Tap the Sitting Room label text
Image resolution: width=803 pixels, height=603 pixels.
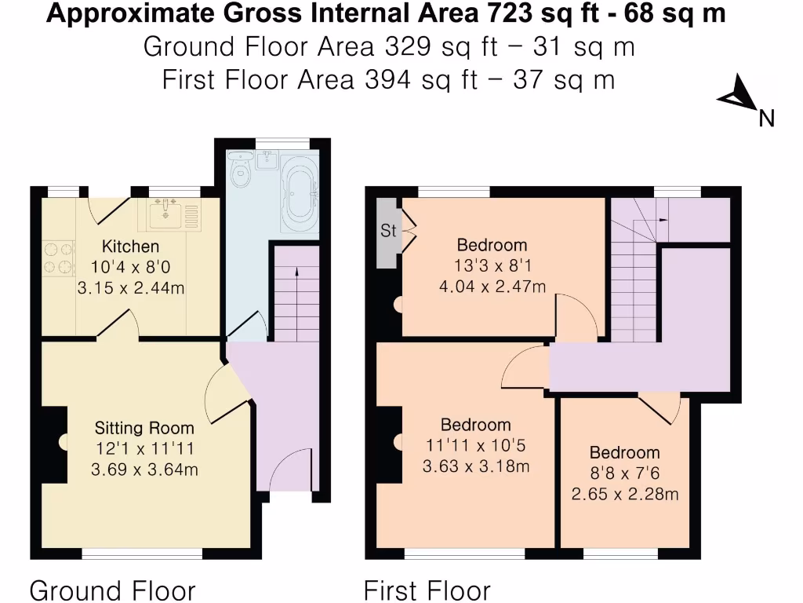pos(144,428)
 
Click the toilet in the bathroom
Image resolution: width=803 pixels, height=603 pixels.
pos(242,173)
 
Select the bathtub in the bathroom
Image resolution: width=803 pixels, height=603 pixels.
pos(299,194)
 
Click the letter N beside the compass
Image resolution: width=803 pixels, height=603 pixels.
pos(766,119)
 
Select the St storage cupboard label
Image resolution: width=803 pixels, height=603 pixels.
pos(388,232)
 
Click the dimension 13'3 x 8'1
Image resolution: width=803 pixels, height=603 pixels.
pos(492,265)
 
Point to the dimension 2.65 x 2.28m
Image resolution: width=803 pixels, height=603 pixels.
pos(624,494)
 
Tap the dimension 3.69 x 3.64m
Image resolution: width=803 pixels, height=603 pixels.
pos(144,470)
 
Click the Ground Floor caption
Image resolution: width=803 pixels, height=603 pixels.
pos(112,590)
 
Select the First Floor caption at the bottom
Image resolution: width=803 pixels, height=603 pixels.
pos(427,590)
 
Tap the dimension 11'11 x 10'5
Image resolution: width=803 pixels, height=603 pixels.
pos(475,446)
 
